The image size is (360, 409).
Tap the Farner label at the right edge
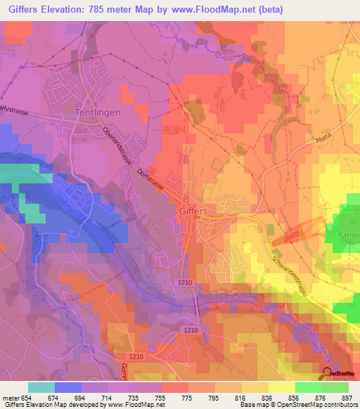coord(349,235)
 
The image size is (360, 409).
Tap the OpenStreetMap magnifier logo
coord(328,374)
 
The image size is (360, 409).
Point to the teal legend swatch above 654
coord(41,387)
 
